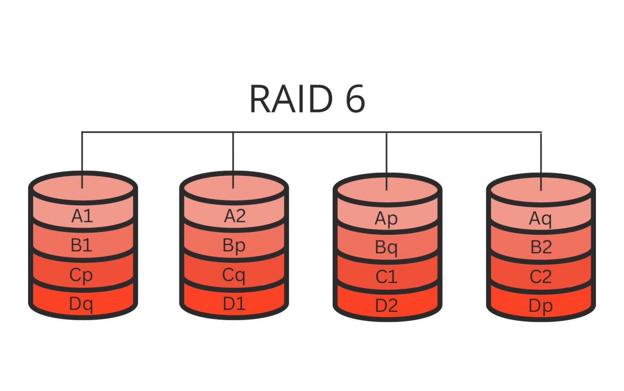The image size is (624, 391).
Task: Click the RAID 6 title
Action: point(307,99)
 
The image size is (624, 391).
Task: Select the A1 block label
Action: point(82,216)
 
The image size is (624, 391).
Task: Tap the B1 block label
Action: point(81,245)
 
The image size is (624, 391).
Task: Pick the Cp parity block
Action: point(81,275)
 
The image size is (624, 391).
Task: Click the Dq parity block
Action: point(81,304)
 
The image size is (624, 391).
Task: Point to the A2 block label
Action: point(235,216)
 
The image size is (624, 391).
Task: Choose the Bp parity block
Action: point(234,245)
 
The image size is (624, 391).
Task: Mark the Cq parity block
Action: point(234,275)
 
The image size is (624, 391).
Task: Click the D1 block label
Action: point(234,304)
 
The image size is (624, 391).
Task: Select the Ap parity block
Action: point(386,218)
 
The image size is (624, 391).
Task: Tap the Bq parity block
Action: point(386,247)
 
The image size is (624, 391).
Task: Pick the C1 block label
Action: point(386,277)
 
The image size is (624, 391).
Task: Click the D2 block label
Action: point(386,305)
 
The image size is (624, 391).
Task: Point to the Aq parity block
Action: point(540,218)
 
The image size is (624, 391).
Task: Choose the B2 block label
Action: point(541,247)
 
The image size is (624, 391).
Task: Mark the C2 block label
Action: point(541,277)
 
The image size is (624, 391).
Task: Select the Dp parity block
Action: point(541,306)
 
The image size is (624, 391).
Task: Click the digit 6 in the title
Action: point(355,99)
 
